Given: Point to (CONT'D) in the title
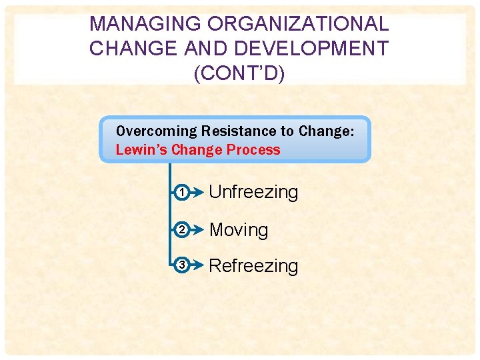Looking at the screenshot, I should (x=239, y=73).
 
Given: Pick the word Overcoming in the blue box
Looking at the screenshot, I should (x=157, y=131).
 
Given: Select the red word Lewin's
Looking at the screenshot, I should (x=141, y=149).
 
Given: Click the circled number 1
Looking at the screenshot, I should (x=181, y=193).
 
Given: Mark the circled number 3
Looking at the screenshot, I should (x=181, y=266).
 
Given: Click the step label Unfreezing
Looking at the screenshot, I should (x=253, y=193).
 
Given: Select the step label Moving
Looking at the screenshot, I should (x=239, y=230).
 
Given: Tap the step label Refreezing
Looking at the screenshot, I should (x=253, y=266).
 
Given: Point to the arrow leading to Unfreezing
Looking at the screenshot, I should (x=197, y=193).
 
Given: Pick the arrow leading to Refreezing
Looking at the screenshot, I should (x=197, y=266).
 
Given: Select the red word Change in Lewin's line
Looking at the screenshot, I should (x=197, y=149).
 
